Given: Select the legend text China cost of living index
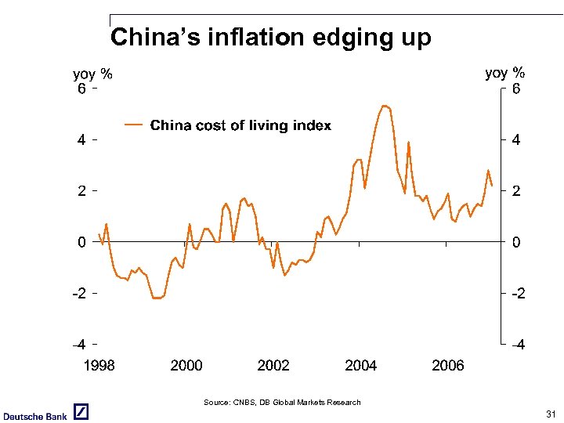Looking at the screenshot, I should (240, 125).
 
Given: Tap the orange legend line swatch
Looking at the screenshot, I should (135, 125).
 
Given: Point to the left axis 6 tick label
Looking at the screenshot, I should (81, 89).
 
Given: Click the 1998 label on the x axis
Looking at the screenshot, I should (99, 366).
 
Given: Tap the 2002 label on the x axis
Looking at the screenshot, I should (273, 366).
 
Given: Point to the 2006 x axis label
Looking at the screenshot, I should (447, 366).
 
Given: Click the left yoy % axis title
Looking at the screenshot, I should (92, 74).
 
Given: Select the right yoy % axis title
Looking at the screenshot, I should (505, 73).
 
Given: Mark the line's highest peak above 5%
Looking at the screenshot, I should (384, 105).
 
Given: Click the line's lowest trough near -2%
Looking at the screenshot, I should (157, 298).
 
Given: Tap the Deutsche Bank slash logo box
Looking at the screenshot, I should (81, 413).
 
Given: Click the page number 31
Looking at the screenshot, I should (550, 414).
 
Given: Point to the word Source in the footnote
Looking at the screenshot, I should (216, 403).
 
